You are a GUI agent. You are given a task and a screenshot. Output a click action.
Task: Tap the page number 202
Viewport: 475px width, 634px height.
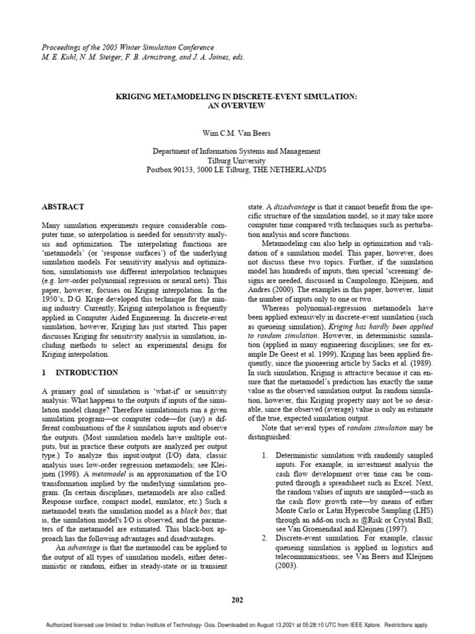(237, 599)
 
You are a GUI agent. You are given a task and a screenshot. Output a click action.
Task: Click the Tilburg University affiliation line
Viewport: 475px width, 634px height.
(237, 160)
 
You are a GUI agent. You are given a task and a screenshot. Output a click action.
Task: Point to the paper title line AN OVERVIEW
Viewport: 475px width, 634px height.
(237, 106)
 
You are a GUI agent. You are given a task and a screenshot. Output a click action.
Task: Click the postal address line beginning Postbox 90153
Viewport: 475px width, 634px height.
(237, 170)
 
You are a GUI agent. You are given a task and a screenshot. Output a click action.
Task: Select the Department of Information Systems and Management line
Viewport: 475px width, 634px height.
(237, 150)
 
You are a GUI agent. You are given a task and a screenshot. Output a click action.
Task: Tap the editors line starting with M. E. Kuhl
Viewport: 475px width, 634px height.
(134, 57)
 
